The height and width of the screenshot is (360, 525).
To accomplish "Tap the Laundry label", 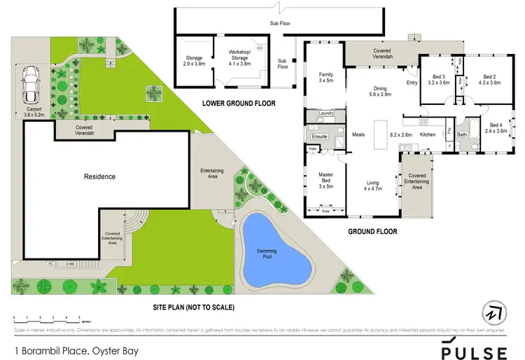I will coord(325,113).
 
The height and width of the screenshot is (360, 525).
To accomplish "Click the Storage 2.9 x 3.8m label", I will coord(193,60).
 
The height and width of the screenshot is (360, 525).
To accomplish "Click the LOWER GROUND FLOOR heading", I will coord(239,104).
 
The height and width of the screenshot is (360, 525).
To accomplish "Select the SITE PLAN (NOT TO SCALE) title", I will coord(194,307).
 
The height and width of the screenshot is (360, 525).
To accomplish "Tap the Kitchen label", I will coord(428,134).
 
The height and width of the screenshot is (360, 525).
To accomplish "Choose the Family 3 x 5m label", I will coord(326,77).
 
